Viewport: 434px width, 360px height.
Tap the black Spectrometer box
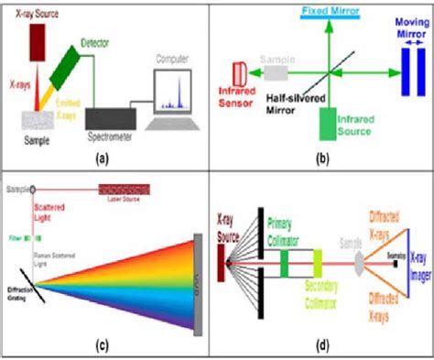(110, 118)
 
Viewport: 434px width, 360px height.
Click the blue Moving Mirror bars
(407, 72)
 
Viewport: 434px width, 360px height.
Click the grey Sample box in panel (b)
(276, 71)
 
